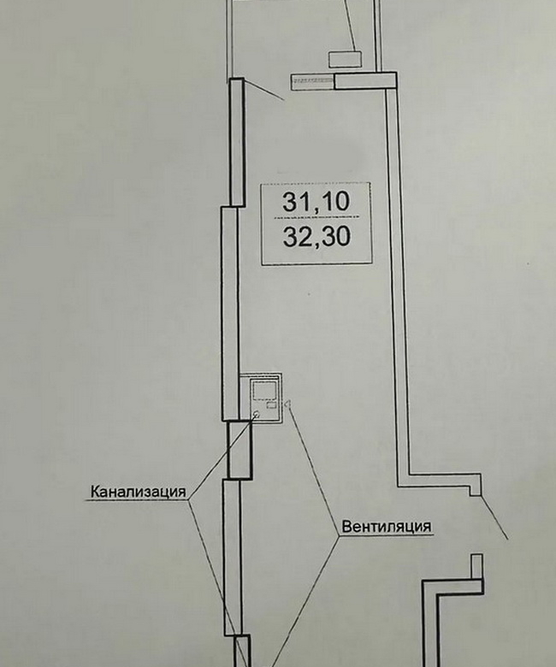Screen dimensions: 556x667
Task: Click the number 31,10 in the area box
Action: [x=316, y=202]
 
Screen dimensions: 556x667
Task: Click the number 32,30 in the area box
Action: [x=317, y=237]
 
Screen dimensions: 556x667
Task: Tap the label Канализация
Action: [x=139, y=492]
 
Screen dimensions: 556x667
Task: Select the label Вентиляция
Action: [x=387, y=527]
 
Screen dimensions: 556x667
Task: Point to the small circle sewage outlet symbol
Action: [x=256, y=415]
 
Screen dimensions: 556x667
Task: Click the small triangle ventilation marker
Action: [x=287, y=404]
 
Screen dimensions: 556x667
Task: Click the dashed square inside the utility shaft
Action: [x=264, y=390]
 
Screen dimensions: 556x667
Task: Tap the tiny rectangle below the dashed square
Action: [x=271, y=404]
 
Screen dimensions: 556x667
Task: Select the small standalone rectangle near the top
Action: [x=346, y=59]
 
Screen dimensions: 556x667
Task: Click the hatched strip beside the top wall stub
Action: [x=312, y=82]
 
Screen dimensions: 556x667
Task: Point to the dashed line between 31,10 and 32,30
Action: [x=316, y=218]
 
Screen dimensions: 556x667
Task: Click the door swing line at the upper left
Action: [x=263, y=90]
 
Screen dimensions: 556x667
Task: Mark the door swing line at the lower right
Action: [x=494, y=517]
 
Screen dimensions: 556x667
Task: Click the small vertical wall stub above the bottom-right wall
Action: [x=476, y=566]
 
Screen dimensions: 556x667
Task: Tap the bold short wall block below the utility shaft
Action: [x=239, y=450]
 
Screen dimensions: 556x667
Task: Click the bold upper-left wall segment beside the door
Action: [x=237, y=143]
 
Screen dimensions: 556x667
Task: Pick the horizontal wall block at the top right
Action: [x=365, y=80]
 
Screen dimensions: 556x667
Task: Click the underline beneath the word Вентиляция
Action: [x=387, y=534]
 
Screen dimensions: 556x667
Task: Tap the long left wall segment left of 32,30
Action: [x=230, y=314]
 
